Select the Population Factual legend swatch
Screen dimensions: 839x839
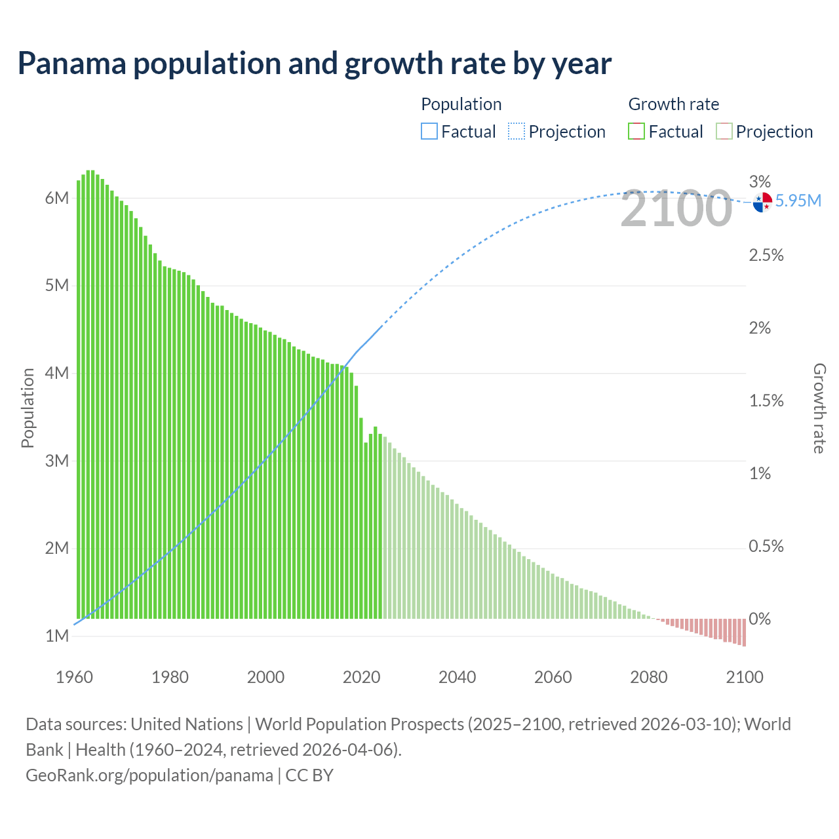pyautogui.click(x=429, y=132)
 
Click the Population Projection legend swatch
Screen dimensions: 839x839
pyautogui.click(x=517, y=132)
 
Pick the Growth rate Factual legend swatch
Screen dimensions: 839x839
pyautogui.click(x=636, y=132)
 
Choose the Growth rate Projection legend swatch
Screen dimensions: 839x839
pyautogui.click(x=724, y=132)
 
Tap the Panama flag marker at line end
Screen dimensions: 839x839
pyautogui.click(x=762, y=202)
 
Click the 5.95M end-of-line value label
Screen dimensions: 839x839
pyautogui.click(x=798, y=201)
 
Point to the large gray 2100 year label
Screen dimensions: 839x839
pyautogui.click(x=676, y=209)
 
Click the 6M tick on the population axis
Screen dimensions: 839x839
pyautogui.click(x=57, y=198)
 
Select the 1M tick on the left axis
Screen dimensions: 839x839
pyautogui.click(x=57, y=636)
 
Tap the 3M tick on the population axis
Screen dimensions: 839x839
pyautogui.click(x=57, y=461)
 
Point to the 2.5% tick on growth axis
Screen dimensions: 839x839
pyautogui.click(x=766, y=255)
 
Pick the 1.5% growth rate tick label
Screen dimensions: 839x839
pyautogui.click(x=766, y=400)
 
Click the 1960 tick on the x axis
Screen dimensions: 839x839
pyautogui.click(x=74, y=677)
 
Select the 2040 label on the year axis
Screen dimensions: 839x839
pyautogui.click(x=457, y=677)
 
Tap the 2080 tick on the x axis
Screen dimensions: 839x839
pyautogui.click(x=648, y=677)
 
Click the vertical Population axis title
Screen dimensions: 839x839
pyautogui.click(x=28, y=408)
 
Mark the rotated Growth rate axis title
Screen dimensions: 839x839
pyautogui.click(x=819, y=408)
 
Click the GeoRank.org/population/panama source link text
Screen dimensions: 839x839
pyautogui.click(x=149, y=775)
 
